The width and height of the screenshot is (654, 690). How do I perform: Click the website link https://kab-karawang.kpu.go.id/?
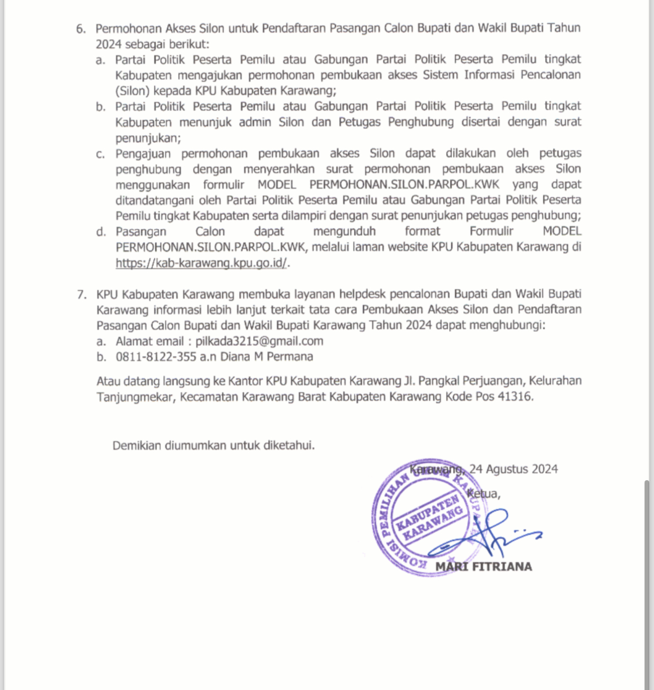point(202,262)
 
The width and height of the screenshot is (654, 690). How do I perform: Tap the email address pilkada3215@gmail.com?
point(259,341)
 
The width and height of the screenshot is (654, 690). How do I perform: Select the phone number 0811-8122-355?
point(156,357)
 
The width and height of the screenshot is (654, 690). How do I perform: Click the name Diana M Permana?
point(266,357)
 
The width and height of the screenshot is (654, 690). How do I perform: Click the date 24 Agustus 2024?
point(513,469)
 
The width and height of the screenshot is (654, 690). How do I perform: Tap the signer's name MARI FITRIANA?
point(483,566)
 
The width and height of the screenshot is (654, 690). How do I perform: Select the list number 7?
point(81,294)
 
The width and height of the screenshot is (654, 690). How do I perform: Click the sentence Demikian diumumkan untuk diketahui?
point(213,445)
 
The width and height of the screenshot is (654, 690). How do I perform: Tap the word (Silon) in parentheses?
point(132,90)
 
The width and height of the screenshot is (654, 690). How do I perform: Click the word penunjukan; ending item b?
point(148,138)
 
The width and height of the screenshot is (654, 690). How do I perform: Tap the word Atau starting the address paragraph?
point(108,381)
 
